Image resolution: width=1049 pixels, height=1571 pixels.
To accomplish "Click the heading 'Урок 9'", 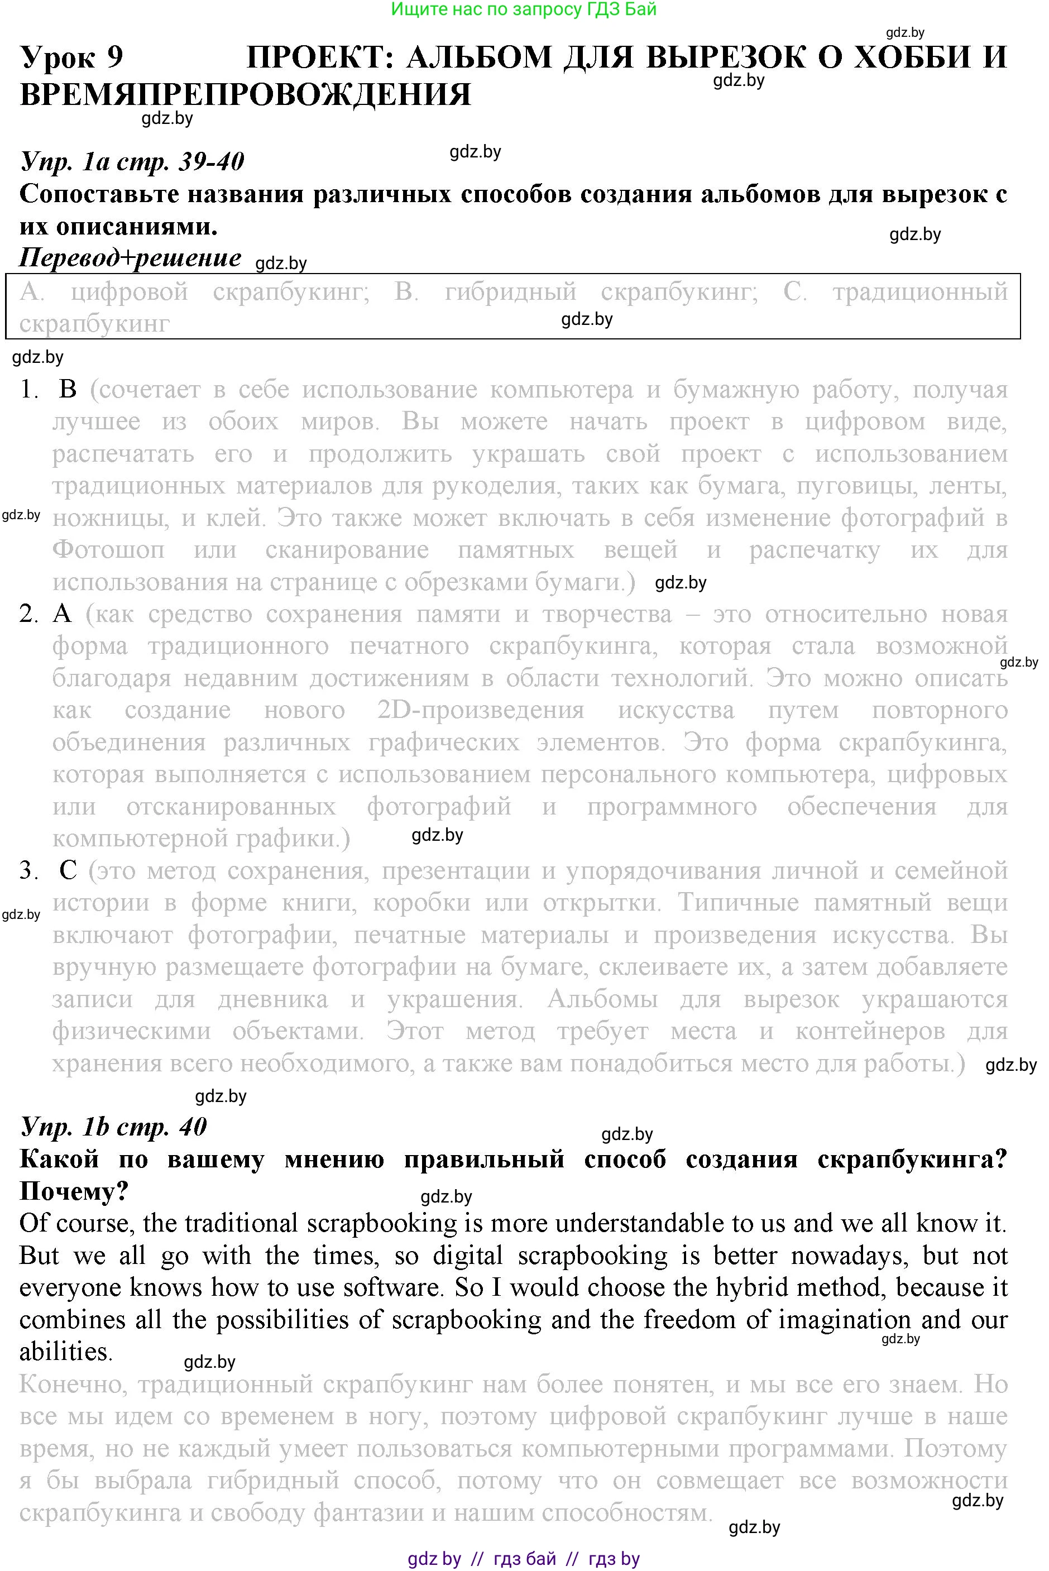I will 71,58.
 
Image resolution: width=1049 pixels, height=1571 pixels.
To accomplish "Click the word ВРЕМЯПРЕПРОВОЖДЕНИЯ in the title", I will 245,94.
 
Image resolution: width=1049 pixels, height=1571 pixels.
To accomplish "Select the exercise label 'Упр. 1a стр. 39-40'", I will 132,161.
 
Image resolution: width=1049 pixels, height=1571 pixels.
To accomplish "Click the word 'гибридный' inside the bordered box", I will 510,292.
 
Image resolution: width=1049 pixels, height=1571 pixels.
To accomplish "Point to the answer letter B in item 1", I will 68,390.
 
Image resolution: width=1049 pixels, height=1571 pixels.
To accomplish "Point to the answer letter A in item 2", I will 61,614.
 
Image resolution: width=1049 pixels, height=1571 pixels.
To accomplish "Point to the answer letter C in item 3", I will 68,870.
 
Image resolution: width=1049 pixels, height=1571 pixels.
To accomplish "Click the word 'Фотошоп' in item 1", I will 108,550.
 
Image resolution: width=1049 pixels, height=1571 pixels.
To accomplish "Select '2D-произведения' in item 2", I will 480,710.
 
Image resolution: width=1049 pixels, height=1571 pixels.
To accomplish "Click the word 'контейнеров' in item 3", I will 870,1031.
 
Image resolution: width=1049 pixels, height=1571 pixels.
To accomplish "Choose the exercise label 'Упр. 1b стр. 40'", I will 114,1127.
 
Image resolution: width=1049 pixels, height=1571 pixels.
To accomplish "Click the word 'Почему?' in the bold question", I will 74,1191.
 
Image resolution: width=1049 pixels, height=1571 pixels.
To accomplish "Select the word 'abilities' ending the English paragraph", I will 64,1352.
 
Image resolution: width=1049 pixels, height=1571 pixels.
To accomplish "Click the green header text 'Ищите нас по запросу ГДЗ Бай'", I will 524,9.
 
